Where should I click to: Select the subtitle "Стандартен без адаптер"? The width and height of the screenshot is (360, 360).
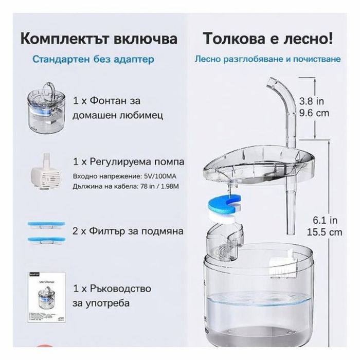93,59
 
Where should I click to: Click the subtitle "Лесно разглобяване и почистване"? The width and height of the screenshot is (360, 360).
267,59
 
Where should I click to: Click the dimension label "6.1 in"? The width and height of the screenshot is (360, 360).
327,220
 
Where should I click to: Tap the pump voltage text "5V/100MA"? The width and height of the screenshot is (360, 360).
165,176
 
